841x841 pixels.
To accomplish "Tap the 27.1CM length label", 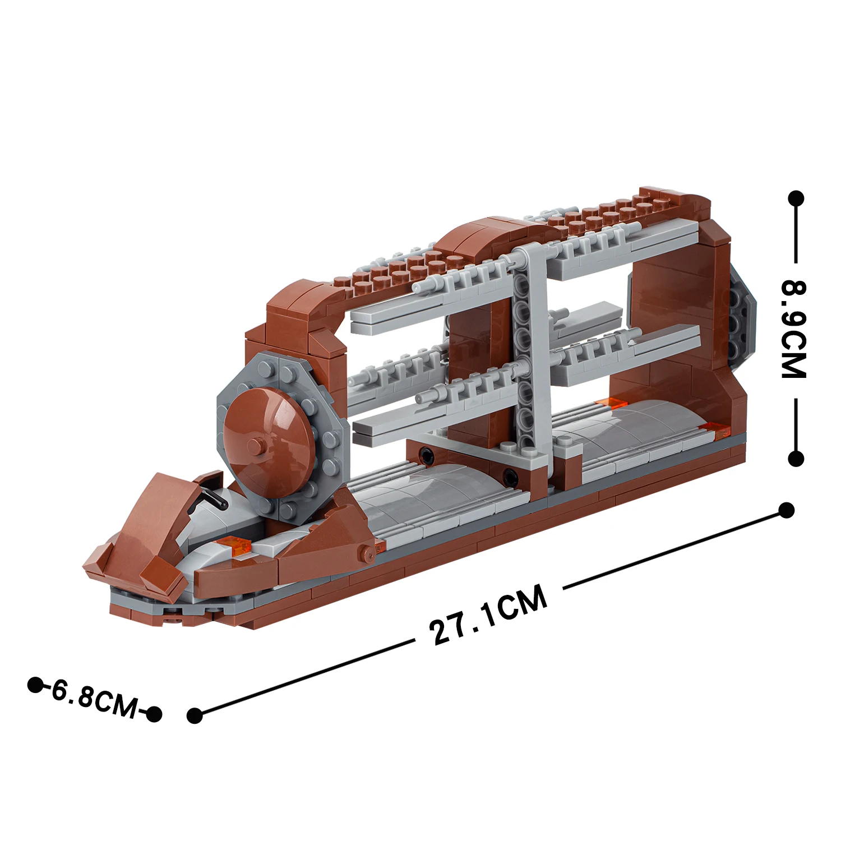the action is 488,614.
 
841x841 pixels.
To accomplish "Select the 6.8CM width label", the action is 94,698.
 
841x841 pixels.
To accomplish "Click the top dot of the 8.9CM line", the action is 796,198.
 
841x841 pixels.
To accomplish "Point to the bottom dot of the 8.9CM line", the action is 796,459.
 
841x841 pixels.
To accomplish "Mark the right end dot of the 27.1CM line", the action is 787,510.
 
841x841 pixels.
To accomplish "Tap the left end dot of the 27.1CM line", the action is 195,715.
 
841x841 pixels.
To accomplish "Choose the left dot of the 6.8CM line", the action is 35,685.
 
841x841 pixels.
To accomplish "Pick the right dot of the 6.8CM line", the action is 154,714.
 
